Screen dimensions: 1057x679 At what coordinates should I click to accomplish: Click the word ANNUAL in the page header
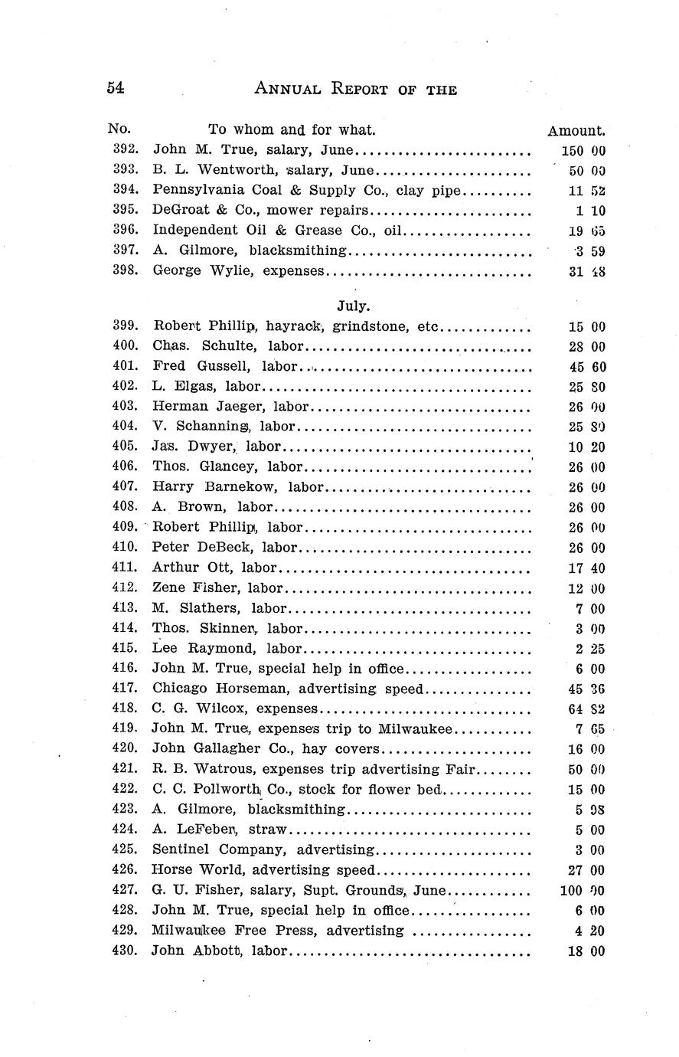click(x=287, y=89)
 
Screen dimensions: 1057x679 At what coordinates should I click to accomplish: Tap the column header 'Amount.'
click(x=576, y=131)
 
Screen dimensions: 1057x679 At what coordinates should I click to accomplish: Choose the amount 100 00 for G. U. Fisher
click(x=583, y=891)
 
